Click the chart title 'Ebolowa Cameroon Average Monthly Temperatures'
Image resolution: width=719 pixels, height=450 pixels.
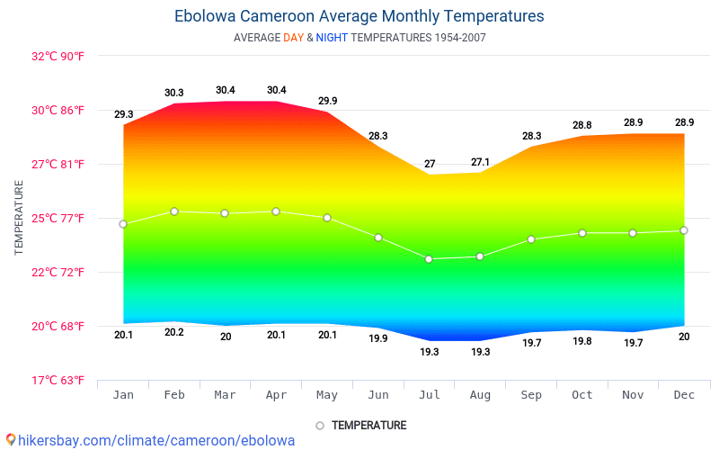click(359, 16)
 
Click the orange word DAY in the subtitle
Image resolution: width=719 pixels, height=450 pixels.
click(293, 38)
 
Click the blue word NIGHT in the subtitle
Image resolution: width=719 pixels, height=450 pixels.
click(332, 38)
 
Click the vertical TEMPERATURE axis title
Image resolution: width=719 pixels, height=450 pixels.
click(19, 217)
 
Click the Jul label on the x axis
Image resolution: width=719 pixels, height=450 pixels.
click(430, 395)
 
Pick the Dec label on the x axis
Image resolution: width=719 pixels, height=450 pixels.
click(684, 395)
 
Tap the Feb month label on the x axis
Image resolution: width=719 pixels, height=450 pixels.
click(174, 395)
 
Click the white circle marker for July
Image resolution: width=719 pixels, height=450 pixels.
click(429, 259)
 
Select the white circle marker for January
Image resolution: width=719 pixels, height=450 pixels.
click(123, 224)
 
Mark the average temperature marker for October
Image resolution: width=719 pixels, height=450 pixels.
click(582, 233)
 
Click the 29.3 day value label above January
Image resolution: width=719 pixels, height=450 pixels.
click(123, 114)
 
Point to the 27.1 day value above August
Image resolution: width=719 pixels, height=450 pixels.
click(480, 162)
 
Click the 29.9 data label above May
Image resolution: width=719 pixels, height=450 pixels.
click(327, 101)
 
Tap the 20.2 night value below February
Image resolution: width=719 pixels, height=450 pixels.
click(174, 332)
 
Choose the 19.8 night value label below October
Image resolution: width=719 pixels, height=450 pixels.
click(582, 341)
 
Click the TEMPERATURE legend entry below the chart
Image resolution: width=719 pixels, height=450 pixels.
click(368, 425)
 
